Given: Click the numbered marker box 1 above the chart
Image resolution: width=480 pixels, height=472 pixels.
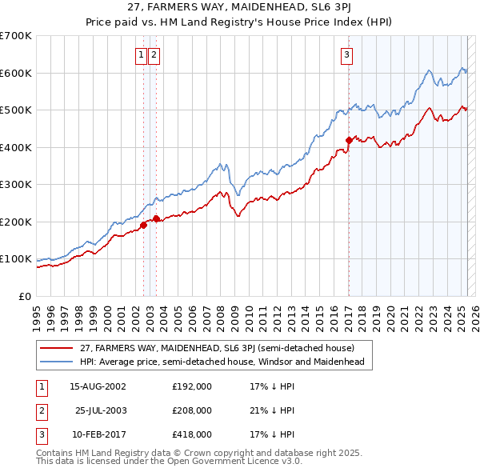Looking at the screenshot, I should (142, 55).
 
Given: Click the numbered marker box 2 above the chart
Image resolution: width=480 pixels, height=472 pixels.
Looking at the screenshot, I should (154, 55).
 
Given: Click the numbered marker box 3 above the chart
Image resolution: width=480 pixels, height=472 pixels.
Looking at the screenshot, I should (347, 55).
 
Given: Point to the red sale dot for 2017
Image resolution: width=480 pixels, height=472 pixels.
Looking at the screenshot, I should (349, 140).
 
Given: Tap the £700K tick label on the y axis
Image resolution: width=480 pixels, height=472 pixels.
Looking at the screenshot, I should (16, 36).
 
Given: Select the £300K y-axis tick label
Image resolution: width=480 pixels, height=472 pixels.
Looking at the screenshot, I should (16, 185).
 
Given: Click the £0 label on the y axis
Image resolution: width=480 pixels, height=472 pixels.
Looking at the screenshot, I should (26, 296).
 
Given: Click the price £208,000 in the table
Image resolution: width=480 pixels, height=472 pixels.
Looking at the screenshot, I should (192, 410).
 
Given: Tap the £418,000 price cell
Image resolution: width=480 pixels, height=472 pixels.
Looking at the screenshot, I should (192, 435).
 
